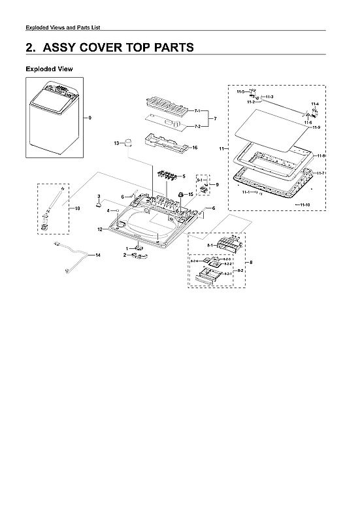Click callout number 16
pyautogui.click(x=194, y=148)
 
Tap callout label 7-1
pyautogui.click(x=197, y=112)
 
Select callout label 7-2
pyautogui.click(x=197, y=126)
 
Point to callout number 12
pyautogui.click(x=99, y=229)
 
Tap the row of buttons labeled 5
pyautogui.click(x=168, y=175)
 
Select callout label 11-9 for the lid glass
pyautogui.click(x=316, y=127)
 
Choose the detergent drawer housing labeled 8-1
pyautogui.click(x=227, y=244)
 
